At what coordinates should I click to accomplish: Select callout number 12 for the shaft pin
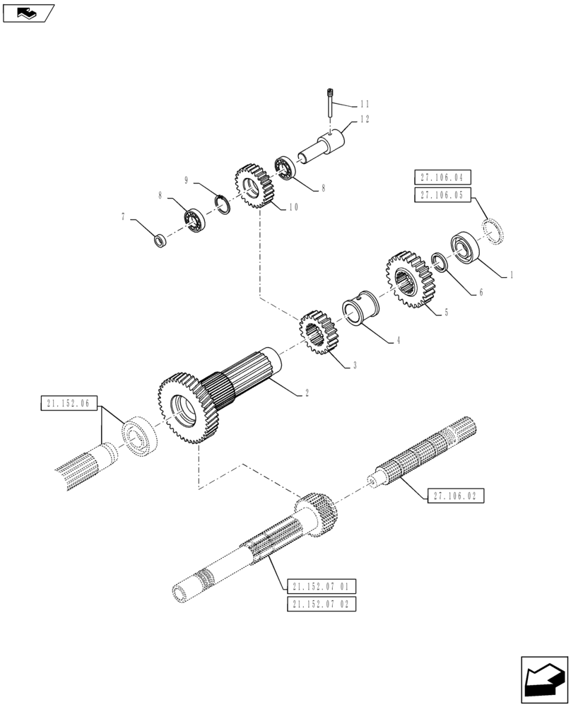(365, 119)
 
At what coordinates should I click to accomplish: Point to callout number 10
(293, 207)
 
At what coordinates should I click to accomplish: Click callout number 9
(187, 180)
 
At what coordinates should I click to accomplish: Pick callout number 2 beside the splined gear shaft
(305, 392)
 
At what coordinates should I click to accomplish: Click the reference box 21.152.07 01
(322, 586)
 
